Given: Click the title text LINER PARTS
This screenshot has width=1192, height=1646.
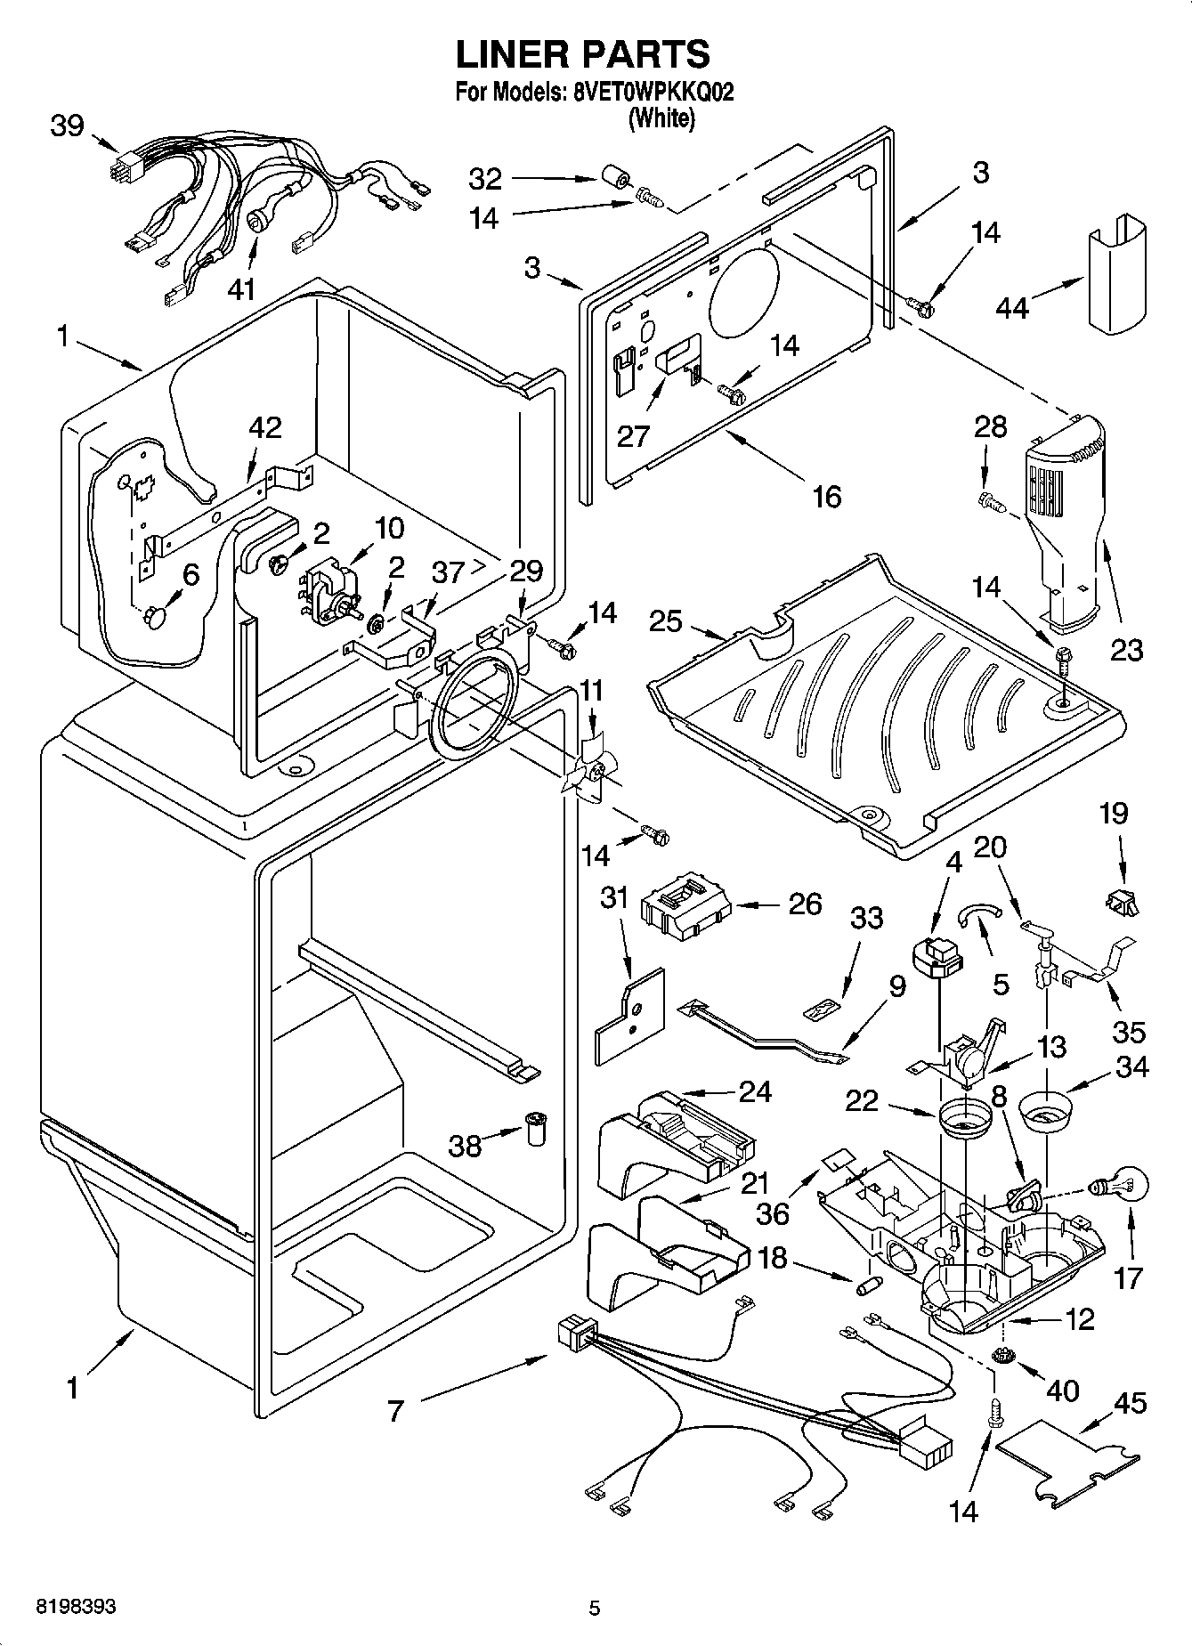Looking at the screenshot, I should [583, 54].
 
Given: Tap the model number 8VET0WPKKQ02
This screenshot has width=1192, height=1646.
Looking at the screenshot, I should [649, 92].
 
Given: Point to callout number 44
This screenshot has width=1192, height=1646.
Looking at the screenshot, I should [1012, 308].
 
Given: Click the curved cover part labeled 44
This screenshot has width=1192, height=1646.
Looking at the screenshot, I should [1115, 275].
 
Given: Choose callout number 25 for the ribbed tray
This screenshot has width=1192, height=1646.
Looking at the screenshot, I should [667, 620].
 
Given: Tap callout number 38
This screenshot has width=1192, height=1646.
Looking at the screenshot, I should [465, 1146].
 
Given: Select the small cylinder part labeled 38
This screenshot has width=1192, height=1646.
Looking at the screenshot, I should [536, 1129].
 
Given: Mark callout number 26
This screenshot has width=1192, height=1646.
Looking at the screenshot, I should [806, 904].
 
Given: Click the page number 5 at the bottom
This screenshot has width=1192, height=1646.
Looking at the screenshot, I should [595, 1608].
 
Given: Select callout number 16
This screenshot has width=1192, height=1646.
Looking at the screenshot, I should [826, 496].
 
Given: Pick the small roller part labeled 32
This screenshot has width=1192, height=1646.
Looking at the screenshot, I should [613, 176].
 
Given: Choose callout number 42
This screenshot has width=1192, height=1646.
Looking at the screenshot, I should [264, 427].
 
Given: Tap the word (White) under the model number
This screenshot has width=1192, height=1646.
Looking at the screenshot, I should [661, 118].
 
